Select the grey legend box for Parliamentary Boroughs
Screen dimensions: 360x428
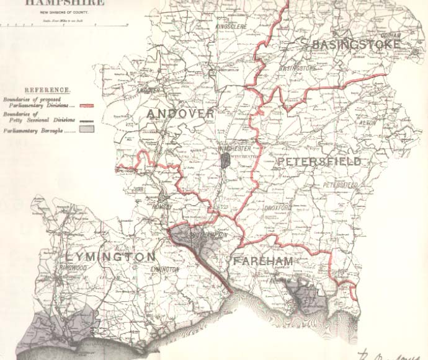tap(85, 131)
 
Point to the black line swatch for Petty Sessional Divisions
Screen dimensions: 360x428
tap(85, 120)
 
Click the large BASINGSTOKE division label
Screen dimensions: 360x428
tap(357, 45)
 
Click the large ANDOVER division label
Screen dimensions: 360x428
tap(181, 113)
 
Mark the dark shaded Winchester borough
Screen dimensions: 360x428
tap(226, 160)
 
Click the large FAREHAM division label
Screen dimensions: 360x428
tap(262, 261)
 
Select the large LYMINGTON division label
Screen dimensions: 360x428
tap(110, 256)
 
